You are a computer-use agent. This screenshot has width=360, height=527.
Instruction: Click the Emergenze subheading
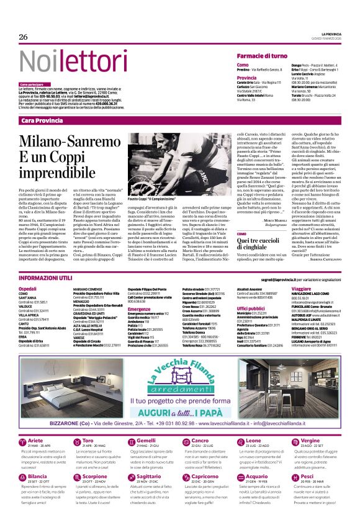click(x=139, y=309)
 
